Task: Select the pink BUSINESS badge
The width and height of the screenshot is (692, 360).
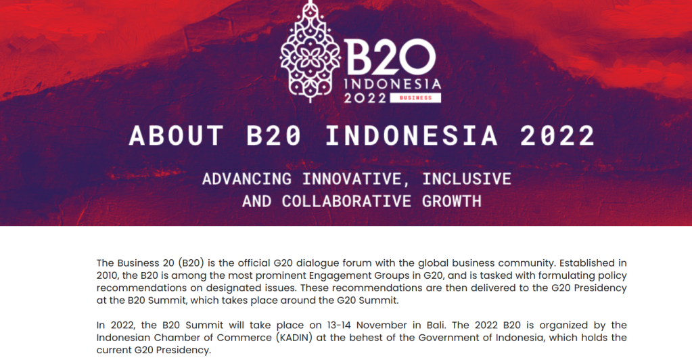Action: click(415, 97)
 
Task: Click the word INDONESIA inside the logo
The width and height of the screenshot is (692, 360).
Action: click(392, 84)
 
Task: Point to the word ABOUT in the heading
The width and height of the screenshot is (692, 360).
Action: click(177, 135)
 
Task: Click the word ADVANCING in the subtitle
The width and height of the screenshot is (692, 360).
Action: click(247, 179)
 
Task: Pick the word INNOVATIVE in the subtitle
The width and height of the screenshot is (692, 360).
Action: click(352, 179)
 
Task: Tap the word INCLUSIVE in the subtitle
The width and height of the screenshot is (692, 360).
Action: click(467, 179)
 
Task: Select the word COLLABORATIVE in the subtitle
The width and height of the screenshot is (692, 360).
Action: click(346, 202)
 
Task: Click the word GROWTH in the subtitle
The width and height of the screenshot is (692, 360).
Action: click(451, 202)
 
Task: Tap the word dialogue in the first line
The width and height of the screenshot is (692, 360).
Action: click(316, 263)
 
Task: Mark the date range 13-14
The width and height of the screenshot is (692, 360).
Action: click(339, 325)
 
